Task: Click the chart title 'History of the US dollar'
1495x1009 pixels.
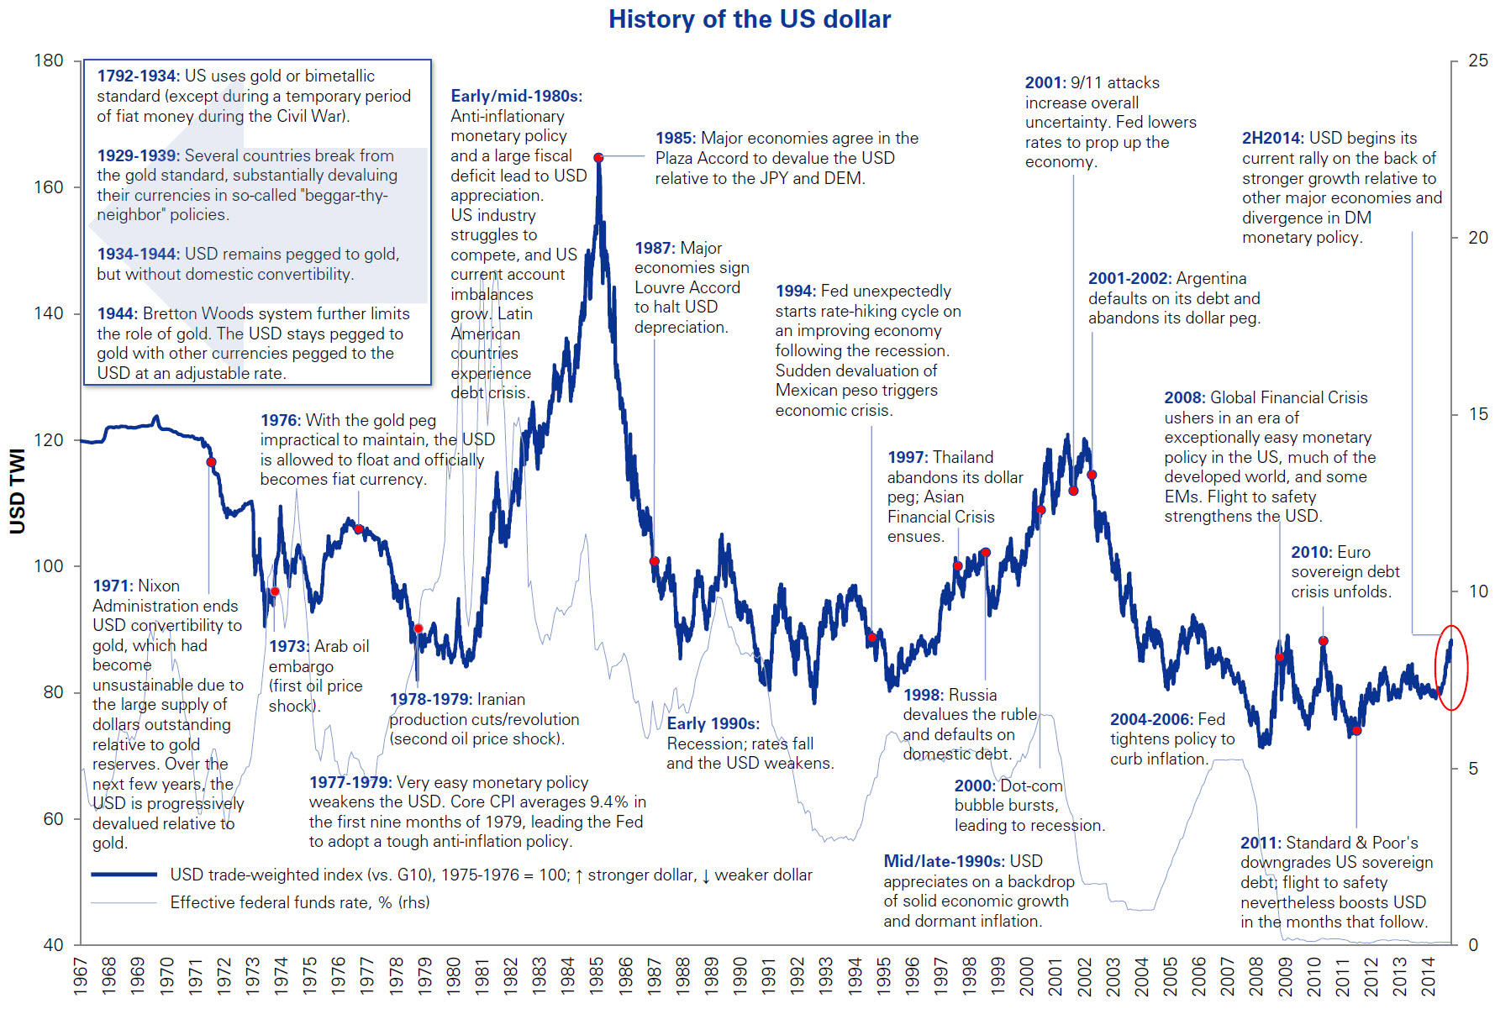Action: pyautogui.click(x=749, y=19)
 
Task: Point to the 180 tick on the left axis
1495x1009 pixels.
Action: pyautogui.click(x=49, y=60)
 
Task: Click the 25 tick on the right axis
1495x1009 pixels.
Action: pyautogui.click(x=1477, y=60)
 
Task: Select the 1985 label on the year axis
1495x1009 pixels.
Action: pyautogui.click(x=597, y=975)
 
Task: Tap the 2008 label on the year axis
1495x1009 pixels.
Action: pyautogui.click(x=1256, y=975)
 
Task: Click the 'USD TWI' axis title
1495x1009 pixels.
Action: pyautogui.click(x=18, y=491)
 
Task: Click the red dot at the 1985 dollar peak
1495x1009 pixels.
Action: pyautogui.click(x=598, y=158)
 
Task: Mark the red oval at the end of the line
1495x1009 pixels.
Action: pyautogui.click(x=1451, y=668)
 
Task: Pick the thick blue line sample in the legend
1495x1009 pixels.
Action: pyautogui.click(x=124, y=875)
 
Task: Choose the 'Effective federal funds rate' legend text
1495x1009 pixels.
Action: pyautogui.click(x=299, y=902)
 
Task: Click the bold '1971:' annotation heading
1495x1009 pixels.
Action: pyautogui.click(x=113, y=586)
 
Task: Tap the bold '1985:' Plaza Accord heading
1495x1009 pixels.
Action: pyautogui.click(x=675, y=138)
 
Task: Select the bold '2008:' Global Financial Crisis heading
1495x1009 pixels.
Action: pyautogui.click(x=1184, y=397)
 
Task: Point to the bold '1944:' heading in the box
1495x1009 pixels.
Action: pyautogui.click(x=117, y=313)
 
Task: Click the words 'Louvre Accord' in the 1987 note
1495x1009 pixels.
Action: pyautogui.click(x=687, y=287)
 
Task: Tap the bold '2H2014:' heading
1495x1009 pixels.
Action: pyautogui.click(x=1272, y=138)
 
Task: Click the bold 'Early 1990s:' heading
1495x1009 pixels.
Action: pyautogui.click(x=713, y=723)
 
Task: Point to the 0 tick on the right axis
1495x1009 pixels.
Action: pyautogui.click(x=1472, y=945)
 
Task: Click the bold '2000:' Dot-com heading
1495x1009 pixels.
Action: pyautogui.click(x=974, y=786)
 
